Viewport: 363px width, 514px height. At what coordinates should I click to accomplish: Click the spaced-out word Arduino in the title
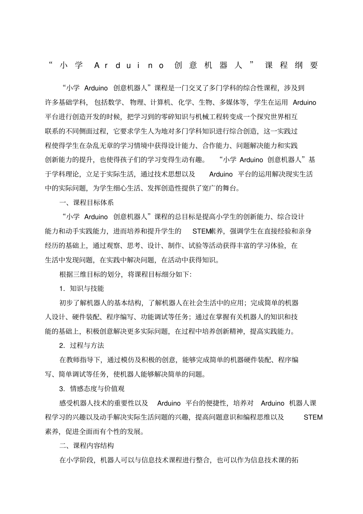tap(129, 65)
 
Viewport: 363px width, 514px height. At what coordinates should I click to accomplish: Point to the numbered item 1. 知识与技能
tap(81, 288)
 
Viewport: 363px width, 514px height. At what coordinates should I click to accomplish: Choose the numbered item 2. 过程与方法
tap(81, 345)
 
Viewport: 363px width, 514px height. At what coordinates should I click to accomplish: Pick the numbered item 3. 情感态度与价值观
tap(92, 389)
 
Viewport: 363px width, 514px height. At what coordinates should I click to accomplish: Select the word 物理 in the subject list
tap(136, 102)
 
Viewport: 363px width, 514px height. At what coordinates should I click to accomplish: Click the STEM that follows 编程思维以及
tap(313, 417)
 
